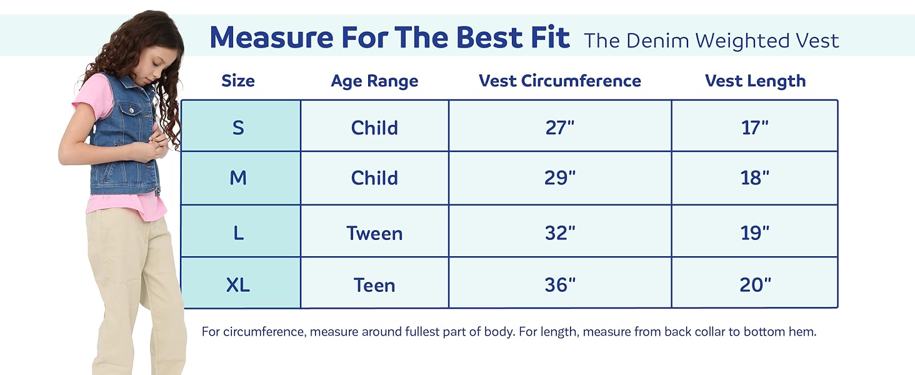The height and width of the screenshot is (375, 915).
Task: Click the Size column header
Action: (238, 81)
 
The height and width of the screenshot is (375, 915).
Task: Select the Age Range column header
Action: (374, 81)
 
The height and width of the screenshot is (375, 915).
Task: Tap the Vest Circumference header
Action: (560, 81)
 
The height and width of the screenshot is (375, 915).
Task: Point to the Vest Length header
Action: (755, 81)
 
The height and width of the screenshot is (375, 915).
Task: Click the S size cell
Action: (238, 127)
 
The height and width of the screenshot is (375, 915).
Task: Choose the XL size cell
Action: (238, 285)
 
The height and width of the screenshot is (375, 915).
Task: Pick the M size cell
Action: (238, 178)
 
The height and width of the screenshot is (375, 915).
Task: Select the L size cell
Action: (238, 233)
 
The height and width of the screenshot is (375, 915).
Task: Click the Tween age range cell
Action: (374, 233)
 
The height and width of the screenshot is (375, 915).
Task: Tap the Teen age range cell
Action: (374, 285)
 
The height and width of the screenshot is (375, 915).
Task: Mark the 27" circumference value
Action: (560, 127)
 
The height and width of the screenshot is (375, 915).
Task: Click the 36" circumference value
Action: (560, 285)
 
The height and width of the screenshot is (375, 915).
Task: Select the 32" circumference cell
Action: (560, 233)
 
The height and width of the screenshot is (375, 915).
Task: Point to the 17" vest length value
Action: (755, 127)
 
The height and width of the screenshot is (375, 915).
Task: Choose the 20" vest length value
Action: (755, 285)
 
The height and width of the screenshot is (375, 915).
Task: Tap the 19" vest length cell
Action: (755, 233)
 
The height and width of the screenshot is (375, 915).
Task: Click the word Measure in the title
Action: (272, 37)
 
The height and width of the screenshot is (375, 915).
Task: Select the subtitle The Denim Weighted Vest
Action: (711, 41)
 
